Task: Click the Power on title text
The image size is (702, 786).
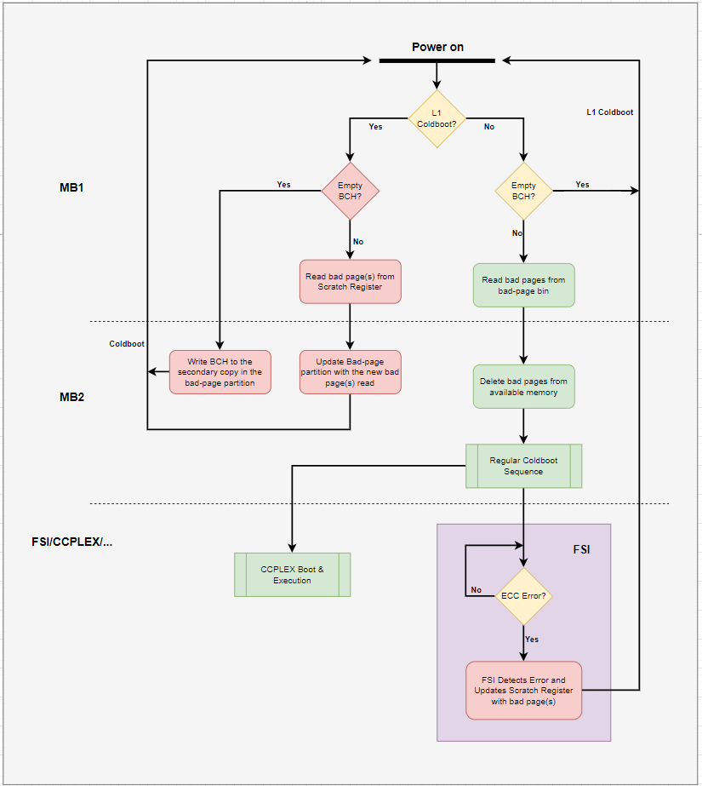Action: coord(437,47)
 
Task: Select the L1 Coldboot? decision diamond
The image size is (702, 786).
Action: coord(437,118)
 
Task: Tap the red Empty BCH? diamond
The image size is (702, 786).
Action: coord(350,191)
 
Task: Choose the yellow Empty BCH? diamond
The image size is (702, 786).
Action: coord(523,191)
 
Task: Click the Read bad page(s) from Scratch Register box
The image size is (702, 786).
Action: coord(350,281)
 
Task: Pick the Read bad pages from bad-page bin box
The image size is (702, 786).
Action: coord(523,285)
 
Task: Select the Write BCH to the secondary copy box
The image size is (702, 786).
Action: coord(220,372)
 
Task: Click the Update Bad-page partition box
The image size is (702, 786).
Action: coord(350,372)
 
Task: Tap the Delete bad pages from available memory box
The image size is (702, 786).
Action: coord(523,387)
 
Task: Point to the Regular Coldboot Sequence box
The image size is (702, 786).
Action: coord(523,466)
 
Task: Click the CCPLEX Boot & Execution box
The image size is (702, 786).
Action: coord(292,575)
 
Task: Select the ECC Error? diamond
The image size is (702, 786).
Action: coord(523,596)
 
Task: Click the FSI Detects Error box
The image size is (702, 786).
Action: coord(523,691)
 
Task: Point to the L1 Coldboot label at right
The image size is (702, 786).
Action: coord(609,112)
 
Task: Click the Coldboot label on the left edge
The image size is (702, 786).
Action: coord(127,344)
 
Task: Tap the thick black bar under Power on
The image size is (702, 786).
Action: coord(437,61)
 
